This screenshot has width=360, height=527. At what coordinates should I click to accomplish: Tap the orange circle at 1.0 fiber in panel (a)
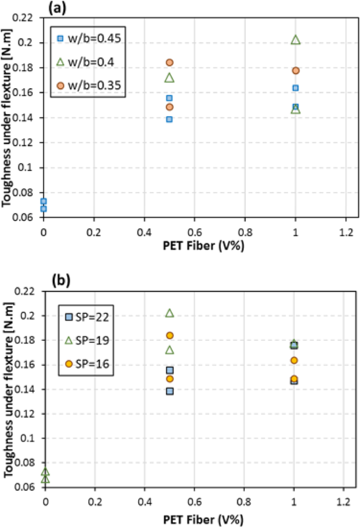[295, 70]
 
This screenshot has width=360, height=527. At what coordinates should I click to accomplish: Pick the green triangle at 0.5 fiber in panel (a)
[169, 78]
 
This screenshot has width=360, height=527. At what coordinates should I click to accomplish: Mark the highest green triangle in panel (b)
[170, 313]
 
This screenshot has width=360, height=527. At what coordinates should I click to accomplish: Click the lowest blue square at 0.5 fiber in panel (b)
[170, 391]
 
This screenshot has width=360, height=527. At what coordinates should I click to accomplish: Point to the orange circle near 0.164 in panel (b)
[294, 360]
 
